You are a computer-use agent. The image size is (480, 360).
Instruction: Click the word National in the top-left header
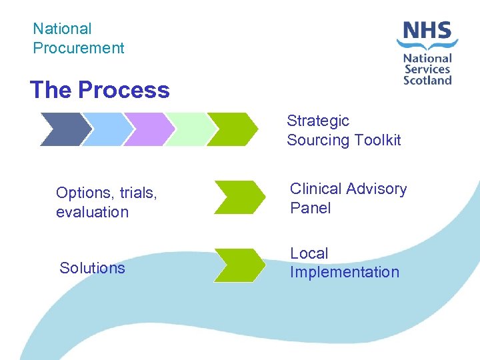click(62, 29)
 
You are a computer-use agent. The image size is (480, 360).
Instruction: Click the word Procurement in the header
click(79, 48)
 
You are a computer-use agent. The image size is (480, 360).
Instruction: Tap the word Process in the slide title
click(124, 90)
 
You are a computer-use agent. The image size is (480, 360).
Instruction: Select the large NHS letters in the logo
click(427, 31)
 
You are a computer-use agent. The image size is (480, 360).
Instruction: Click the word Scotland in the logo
click(427, 79)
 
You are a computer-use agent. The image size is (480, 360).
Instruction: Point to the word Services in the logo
click(427, 69)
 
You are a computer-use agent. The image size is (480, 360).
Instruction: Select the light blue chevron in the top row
click(105, 129)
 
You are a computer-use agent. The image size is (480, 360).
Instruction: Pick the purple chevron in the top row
click(147, 129)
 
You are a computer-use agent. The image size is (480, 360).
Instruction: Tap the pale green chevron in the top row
click(189, 129)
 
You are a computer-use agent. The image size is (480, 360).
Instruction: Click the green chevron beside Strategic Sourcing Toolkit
click(231, 129)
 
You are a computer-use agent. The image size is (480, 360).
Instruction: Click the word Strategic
click(318, 121)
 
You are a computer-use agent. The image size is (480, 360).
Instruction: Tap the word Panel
click(310, 208)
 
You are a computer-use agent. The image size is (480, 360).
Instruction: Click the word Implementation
click(344, 272)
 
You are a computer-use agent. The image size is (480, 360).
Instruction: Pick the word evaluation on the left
click(92, 212)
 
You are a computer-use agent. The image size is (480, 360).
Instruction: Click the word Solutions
click(92, 268)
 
